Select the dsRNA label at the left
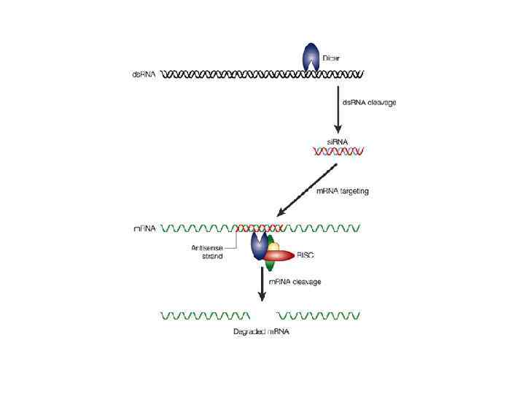pos(144,74)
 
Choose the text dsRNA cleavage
pos(370,103)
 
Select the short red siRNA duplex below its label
pos(338,152)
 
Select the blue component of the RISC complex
pos(259,246)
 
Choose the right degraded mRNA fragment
pos(319,317)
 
